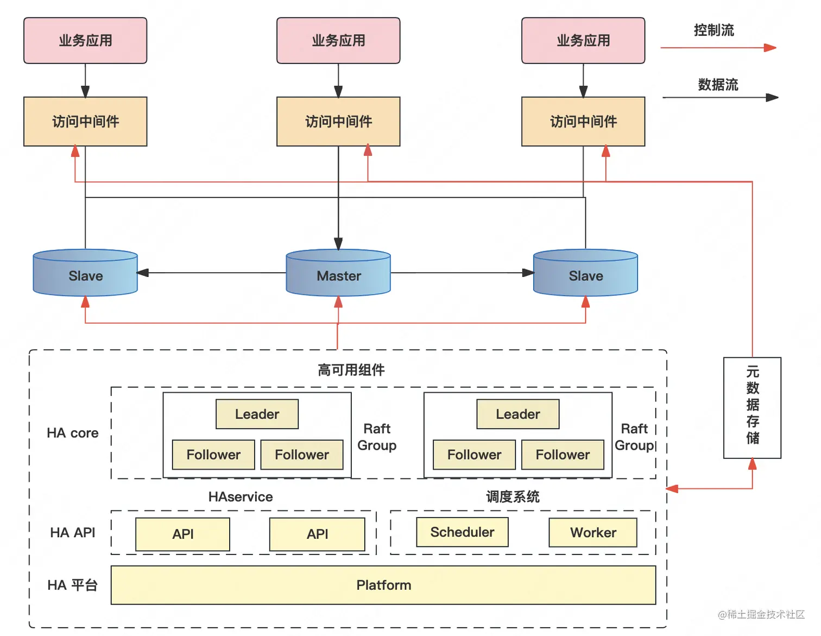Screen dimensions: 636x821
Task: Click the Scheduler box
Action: pyautogui.click(x=462, y=532)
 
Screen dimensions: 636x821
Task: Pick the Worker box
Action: pyautogui.click(x=593, y=533)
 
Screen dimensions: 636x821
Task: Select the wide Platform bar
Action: pyautogui.click(x=383, y=585)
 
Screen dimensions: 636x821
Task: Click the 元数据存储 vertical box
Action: pyautogui.click(x=752, y=407)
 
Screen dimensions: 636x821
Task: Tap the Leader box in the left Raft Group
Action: pyautogui.click(x=257, y=414)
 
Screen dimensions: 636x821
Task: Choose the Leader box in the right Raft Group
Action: pyautogui.click(x=518, y=414)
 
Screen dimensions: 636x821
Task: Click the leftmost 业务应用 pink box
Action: pyautogui.click(x=85, y=41)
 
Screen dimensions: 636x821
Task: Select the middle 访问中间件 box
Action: pyautogui.click(x=338, y=122)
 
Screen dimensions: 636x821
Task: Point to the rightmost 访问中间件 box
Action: pyautogui.click(x=583, y=122)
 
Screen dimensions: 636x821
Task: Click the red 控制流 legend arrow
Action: pyautogui.click(x=718, y=48)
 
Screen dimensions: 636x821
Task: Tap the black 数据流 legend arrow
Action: pyautogui.click(x=720, y=98)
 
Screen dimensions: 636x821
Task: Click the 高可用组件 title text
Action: pyautogui.click(x=351, y=370)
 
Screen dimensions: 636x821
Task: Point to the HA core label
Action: pyautogui.click(x=73, y=433)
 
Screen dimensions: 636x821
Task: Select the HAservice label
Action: pyautogui.click(x=241, y=497)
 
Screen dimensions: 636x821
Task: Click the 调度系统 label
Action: pyautogui.click(x=513, y=497)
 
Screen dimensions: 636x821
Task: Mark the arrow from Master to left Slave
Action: pyautogui.click(x=212, y=273)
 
